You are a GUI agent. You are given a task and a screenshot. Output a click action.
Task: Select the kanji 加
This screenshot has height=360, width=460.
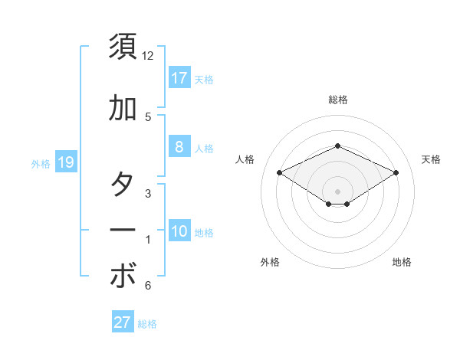tap(123, 108)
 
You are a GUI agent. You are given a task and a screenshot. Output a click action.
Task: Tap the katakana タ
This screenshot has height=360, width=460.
tap(123, 185)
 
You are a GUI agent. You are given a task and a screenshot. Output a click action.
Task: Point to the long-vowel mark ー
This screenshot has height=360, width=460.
tap(123, 231)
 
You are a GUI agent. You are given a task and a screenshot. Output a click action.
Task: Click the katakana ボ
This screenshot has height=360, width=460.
tap(123, 277)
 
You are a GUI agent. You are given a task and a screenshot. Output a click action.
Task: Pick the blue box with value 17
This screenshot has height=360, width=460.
tap(179, 77)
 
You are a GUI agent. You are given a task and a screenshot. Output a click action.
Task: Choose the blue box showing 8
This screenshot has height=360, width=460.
tap(179, 147)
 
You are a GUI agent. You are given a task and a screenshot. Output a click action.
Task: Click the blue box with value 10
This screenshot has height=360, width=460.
tap(179, 231)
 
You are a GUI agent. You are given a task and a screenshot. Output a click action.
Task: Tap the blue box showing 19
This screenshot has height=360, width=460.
tap(66, 162)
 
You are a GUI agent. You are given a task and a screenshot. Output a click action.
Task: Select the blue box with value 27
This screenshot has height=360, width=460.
tap(123, 322)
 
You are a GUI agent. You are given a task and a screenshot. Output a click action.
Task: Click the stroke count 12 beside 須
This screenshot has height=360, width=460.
tap(147, 56)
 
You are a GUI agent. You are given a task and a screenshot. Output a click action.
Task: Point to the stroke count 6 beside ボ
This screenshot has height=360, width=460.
tap(147, 286)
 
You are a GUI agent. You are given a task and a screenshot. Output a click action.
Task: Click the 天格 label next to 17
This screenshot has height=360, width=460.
tap(203, 79)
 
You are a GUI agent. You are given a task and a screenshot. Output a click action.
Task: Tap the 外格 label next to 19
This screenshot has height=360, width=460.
tap(41, 163)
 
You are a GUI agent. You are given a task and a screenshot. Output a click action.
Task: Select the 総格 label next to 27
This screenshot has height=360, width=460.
tap(147, 324)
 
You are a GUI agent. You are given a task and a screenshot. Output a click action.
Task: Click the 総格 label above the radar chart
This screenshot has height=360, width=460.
tap(337, 100)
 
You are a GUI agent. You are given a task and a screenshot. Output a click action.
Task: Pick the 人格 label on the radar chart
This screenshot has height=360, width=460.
tap(245, 159)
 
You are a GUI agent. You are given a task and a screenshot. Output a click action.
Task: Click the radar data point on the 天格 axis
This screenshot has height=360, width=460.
tap(396, 172)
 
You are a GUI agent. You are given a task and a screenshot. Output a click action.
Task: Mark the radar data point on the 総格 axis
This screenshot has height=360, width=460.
tap(337, 146)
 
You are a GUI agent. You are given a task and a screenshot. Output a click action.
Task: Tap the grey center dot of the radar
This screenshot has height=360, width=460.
tap(337, 191)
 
